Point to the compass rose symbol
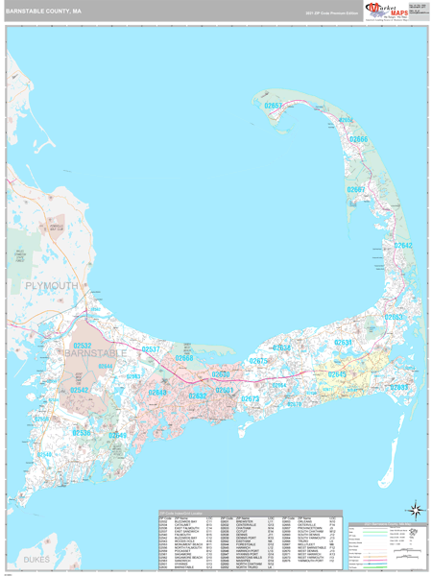click(414, 509)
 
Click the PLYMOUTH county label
click(45, 286)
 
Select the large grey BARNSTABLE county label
click(96, 354)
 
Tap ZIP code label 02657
click(275, 105)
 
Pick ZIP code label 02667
click(356, 190)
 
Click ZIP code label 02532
click(83, 345)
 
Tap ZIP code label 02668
click(184, 358)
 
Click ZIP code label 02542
click(80, 390)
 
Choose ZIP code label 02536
click(81, 433)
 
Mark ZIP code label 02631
click(344, 343)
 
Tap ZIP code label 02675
click(259, 361)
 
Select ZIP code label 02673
click(251, 398)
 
